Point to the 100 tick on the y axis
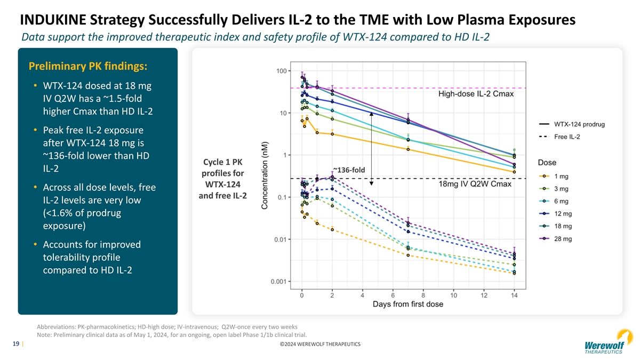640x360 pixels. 283,71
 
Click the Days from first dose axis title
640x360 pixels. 407,305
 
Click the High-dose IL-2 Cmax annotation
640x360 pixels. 476,94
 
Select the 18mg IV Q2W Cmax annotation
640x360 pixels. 475,185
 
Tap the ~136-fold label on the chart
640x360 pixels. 348,170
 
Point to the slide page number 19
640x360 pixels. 16,344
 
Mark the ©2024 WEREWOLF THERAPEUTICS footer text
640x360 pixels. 319,345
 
